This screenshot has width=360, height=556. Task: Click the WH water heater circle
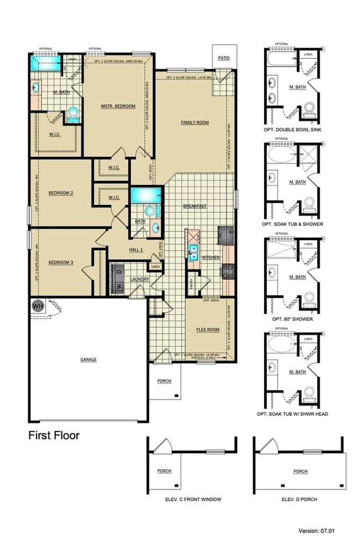pyautogui.click(x=38, y=305)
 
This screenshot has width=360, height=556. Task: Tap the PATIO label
pyautogui.click(x=223, y=57)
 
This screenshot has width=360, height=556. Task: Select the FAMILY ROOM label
pyautogui.click(x=194, y=122)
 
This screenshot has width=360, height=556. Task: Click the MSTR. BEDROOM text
pyautogui.click(x=117, y=106)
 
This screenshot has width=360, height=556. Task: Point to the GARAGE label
pyautogui.click(x=88, y=359)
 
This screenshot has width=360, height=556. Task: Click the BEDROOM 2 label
pyautogui.click(x=61, y=193)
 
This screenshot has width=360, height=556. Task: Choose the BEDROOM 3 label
pyautogui.click(x=60, y=262)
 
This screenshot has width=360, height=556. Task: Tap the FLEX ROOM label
pyautogui.click(x=208, y=330)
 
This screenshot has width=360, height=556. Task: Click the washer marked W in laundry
pyautogui.click(x=118, y=286)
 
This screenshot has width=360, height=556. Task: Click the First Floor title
pyautogui.click(x=54, y=435)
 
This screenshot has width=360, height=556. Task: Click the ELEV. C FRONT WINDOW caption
pyautogui.click(x=193, y=499)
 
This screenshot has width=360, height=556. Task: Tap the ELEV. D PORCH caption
pyautogui.click(x=300, y=499)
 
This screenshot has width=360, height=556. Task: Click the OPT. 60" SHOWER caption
pyautogui.click(x=293, y=319)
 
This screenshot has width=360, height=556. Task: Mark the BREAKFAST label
pyautogui.click(x=195, y=206)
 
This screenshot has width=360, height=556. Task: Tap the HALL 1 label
pyautogui.click(x=136, y=250)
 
